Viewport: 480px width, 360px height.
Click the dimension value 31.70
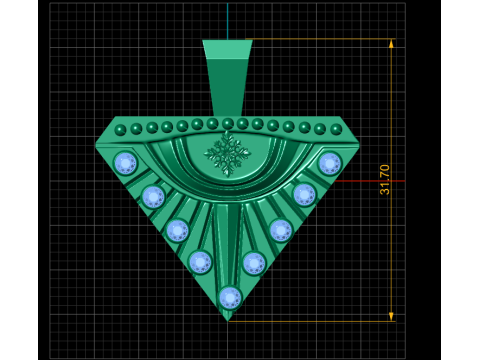pos(384,179)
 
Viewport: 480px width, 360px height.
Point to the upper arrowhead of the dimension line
pos(391,43)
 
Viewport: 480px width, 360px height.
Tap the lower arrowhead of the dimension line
pos(391,317)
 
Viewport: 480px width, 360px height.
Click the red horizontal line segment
pos(370,181)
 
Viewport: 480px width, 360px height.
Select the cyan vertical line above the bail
pos(228,21)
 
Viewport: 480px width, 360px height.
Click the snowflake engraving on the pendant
pos(227,154)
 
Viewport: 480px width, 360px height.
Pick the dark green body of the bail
pos(228,88)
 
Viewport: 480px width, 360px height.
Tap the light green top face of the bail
pos(228,50)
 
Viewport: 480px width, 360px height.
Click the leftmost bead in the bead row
pos(120,130)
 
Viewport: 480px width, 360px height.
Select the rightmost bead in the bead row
pos(336,129)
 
